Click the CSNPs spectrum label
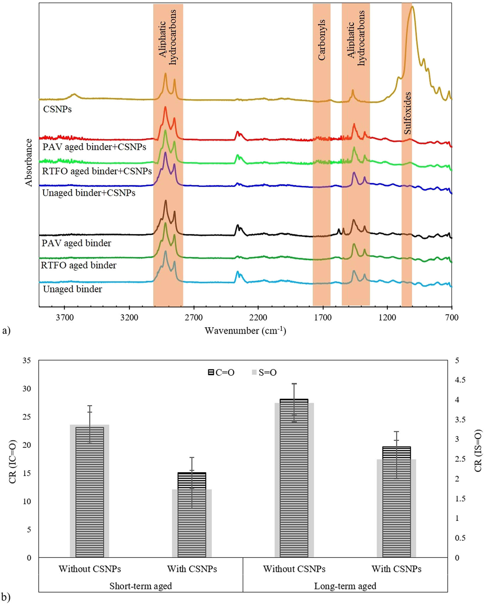tap(57, 109)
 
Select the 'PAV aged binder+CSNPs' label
tap(94, 147)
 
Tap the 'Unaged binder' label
tap(72, 289)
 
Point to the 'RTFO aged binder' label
tap(79, 265)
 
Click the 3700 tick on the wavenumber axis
tap(65, 318)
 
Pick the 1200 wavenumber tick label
tap(387, 318)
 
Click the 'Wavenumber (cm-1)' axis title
tap(245, 330)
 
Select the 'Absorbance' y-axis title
tap(29, 162)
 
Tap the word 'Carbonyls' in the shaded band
tap(322, 40)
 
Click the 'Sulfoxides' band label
tap(408, 113)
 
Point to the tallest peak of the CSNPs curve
tap(412, 7)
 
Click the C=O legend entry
tap(221, 373)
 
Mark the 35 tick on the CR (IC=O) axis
tap(27, 361)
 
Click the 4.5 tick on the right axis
tap(460, 380)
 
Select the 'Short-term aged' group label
tap(140, 586)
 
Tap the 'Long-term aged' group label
tap(345, 586)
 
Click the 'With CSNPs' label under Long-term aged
tap(396, 569)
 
